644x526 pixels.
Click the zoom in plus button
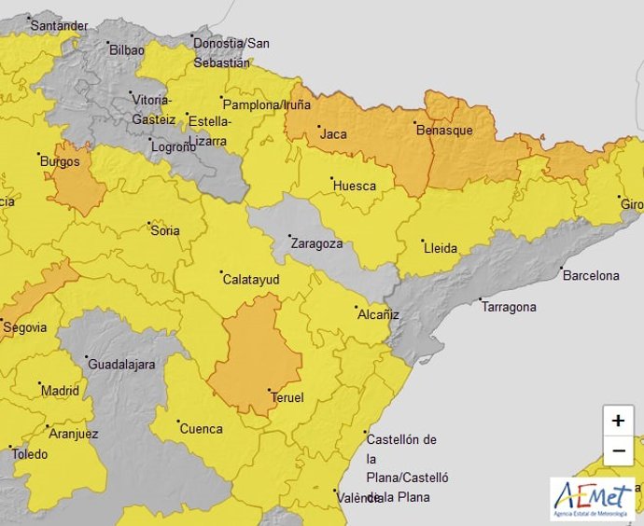click(618, 421)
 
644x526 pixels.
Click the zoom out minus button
click(618, 451)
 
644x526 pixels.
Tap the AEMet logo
click(592, 499)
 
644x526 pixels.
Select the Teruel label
click(287, 397)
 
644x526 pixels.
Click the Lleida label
click(441, 248)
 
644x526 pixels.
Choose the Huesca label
click(355, 186)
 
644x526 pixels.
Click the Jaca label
click(333, 134)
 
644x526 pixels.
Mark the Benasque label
click(443, 131)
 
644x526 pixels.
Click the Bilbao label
click(127, 48)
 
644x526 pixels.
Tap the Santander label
click(59, 25)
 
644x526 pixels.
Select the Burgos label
click(59, 160)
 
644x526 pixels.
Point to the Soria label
click(164, 229)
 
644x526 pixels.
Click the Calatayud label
click(250, 279)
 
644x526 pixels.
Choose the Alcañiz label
click(378, 314)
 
